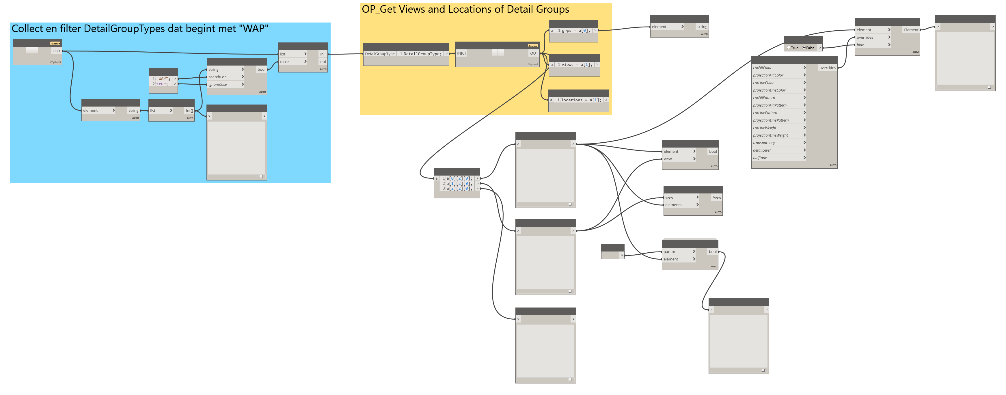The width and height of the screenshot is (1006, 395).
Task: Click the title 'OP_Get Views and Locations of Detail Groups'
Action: (x=465, y=9)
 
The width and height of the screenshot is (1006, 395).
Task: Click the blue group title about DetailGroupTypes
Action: (x=140, y=29)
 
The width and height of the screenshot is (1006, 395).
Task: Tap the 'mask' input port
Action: (x=293, y=62)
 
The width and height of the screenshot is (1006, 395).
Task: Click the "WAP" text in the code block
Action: (x=163, y=79)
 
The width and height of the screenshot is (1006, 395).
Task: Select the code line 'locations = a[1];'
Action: (x=581, y=100)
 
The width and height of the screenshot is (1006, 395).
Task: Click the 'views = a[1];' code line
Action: (x=577, y=64)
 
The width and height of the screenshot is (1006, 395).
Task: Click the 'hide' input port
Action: (x=872, y=45)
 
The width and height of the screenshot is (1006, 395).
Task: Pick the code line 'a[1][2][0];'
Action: (x=459, y=183)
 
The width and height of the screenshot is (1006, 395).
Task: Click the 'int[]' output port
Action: (x=189, y=111)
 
